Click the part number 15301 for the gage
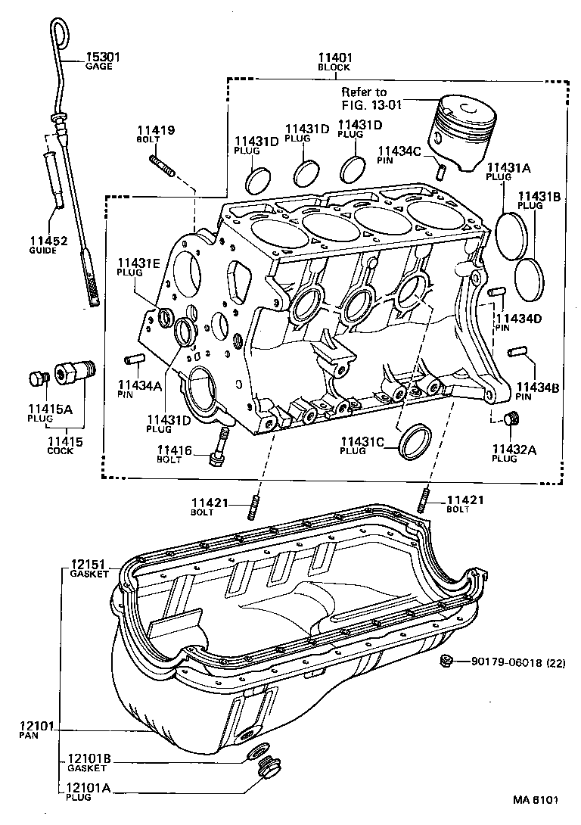pyautogui.click(x=102, y=57)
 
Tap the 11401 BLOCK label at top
pyautogui.click(x=334, y=60)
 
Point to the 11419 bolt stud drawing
pyautogui.click(x=163, y=165)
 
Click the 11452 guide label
pyautogui.click(x=49, y=244)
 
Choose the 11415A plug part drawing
pyautogui.click(x=36, y=378)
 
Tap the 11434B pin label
pyautogui.click(x=538, y=391)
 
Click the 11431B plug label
pyautogui.click(x=539, y=200)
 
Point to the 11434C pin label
pyautogui.click(x=399, y=154)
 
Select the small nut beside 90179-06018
pyautogui.click(x=446, y=662)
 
